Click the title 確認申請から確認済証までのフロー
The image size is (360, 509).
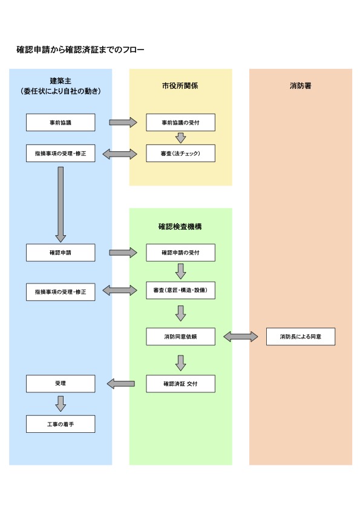click(x=80, y=50)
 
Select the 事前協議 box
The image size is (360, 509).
click(x=61, y=122)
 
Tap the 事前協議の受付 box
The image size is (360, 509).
click(x=181, y=122)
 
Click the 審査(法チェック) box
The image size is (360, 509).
click(x=181, y=153)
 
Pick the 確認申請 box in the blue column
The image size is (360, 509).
click(x=61, y=253)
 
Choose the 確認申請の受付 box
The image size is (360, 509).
click(x=181, y=253)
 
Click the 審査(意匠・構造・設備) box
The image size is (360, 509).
click(x=181, y=290)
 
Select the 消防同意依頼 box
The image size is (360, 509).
click(x=181, y=337)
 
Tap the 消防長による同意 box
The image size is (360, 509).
click(x=301, y=337)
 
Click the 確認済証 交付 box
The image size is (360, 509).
click(x=181, y=384)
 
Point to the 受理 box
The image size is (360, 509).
click(x=61, y=384)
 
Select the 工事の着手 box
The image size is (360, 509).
click(x=61, y=424)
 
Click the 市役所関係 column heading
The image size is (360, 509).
click(x=180, y=86)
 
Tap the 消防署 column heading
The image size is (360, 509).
click(x=301, y=86)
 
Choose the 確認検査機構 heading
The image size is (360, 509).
click(x=180, y=227)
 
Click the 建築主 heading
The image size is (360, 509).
click(x=61, y=81)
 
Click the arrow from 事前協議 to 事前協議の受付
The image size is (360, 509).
click(x=123, y=122)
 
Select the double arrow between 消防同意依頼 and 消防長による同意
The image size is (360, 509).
click(x=241, y=337)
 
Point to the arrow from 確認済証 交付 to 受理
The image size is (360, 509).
click(x=120, y=384)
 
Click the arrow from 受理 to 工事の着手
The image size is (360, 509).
click(x=61, y=404)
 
